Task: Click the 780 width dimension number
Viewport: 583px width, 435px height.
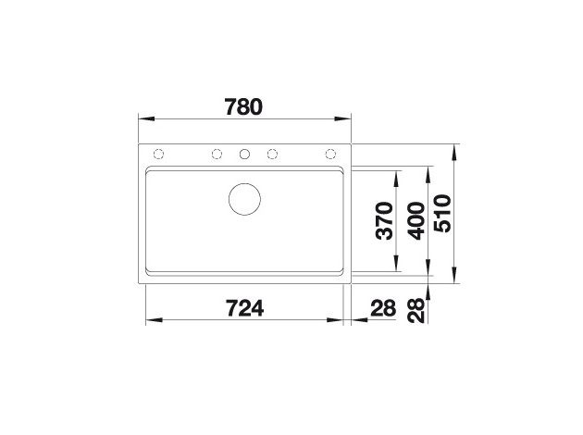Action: coord(244,106)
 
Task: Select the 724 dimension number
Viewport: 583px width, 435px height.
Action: coord(244,308)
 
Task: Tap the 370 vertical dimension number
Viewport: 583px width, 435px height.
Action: coord(384,221)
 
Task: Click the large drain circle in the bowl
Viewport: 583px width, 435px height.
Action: coord(245,198)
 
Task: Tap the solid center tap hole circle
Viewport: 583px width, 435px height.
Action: coord(245,154)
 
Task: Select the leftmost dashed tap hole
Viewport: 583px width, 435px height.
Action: coord(158,154)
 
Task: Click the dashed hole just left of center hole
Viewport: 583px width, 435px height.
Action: coord(217,154)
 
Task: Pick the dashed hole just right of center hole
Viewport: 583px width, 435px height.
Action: coord(274,154)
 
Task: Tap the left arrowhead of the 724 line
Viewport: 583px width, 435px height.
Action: coord(151,321)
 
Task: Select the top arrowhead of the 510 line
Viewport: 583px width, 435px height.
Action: coord(455,148)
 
